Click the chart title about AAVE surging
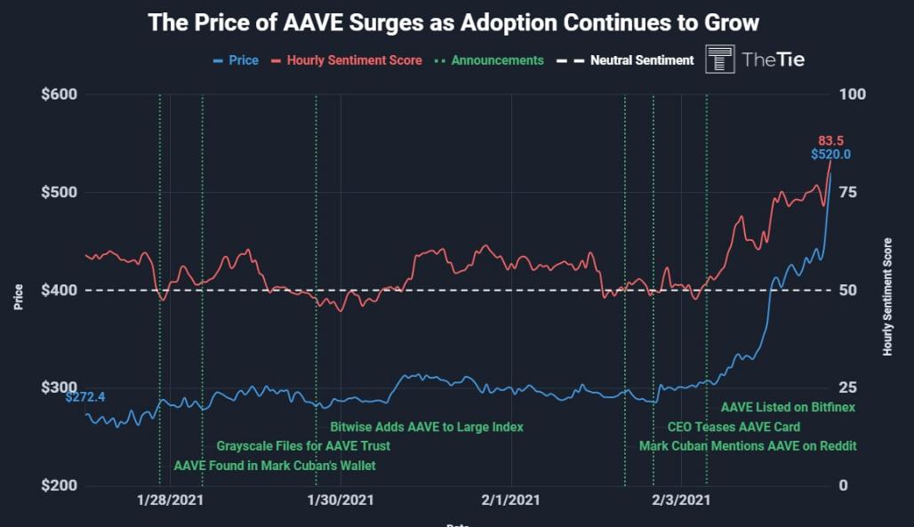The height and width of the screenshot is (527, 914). [453, 22]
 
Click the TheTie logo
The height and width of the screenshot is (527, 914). [755, 60]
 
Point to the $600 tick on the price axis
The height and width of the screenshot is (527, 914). [60, 95]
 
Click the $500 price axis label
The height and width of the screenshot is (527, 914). [60, 193]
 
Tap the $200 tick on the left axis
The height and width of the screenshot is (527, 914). [60, 486]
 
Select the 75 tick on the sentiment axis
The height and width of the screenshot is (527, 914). [848, 193]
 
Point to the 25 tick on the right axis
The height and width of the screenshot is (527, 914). [848, 388]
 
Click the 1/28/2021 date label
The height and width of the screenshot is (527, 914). [170, 501]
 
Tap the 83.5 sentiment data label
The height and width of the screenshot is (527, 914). [831, 140]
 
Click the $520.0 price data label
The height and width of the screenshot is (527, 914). [830, 155]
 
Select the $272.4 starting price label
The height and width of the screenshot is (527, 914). [85, 396]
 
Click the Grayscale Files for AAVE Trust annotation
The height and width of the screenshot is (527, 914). [303, 446]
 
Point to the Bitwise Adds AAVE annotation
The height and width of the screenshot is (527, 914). [427, 427]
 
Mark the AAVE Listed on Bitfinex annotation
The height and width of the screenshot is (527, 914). [788, 407]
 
